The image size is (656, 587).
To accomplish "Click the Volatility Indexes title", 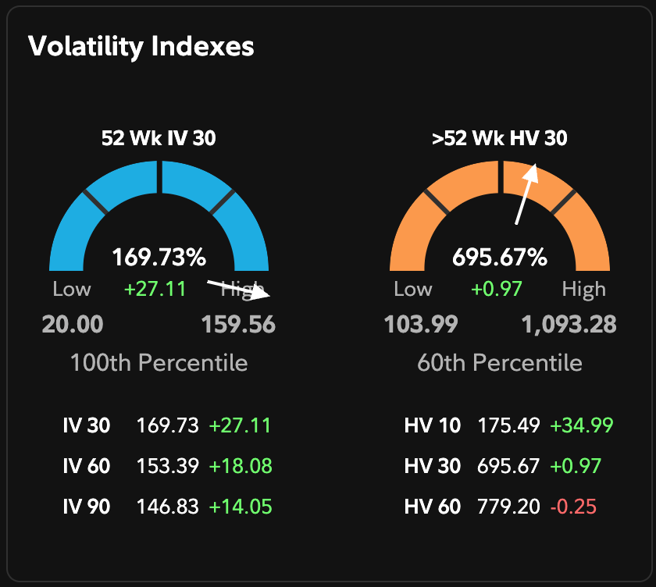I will click(141, 46).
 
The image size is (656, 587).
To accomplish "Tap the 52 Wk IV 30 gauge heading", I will click(159, 139).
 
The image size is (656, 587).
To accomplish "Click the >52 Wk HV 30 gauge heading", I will click(500, 139).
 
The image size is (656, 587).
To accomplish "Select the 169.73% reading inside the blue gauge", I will click(159, 257).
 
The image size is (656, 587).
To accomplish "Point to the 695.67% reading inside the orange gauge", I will click(500, 257).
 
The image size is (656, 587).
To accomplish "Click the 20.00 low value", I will click(73, 324).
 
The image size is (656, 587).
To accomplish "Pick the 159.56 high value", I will click(238, 324).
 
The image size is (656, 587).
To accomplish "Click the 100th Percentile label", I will click(159, 363).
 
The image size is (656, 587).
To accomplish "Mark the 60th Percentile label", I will click(500, 363).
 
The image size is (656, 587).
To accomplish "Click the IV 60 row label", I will click(87, 467).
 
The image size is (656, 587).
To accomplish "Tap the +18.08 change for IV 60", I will click(241, 467).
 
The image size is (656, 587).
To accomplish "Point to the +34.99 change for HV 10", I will click(582, 426).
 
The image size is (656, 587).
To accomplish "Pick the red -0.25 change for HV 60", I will click(573, 507).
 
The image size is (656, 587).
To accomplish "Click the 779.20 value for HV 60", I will click(508, 507).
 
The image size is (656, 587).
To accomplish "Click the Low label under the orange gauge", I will click(413, 290).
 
